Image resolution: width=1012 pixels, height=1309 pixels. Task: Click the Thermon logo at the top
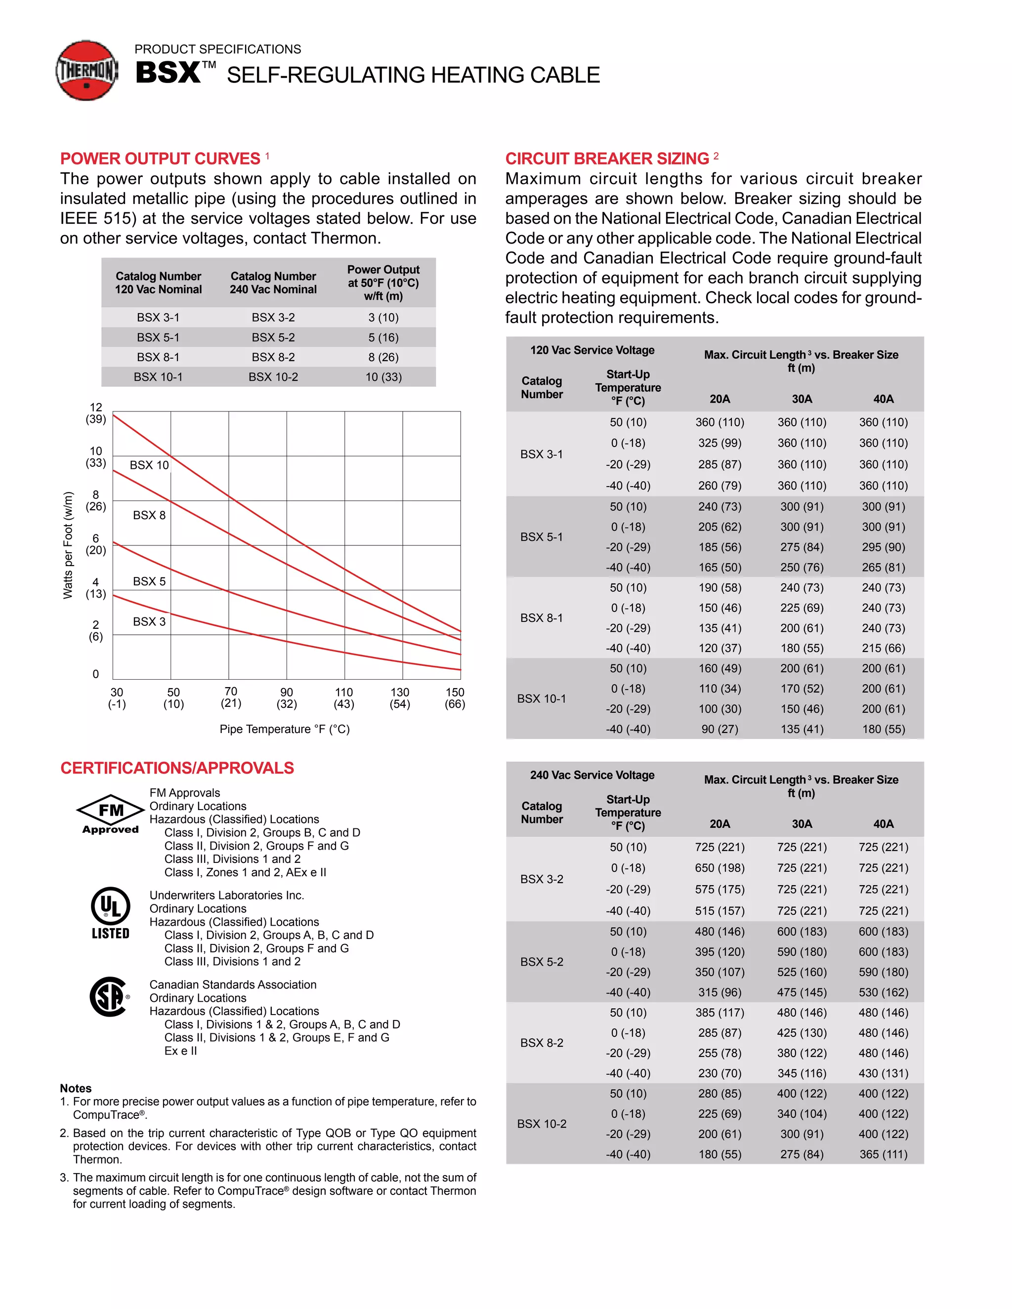(x=87, y=71)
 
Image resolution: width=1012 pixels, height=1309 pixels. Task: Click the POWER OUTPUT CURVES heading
(x=160, y=159)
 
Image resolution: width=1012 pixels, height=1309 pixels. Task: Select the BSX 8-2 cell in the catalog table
(x=273, y=357)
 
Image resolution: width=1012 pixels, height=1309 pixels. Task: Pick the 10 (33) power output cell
(x=383, y=377)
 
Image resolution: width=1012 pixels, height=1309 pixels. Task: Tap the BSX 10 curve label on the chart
(x=149, y=465)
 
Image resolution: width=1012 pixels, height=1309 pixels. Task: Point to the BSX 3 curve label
(x=149, y=621)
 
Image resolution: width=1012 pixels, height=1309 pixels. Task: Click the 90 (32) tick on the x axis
(x=287, y=698)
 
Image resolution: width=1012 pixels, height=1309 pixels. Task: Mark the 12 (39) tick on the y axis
(x=96, y=413)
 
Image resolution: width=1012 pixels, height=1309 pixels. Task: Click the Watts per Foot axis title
(x=68, y=545)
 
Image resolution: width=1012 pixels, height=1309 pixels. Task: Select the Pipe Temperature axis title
(x=285, y=730)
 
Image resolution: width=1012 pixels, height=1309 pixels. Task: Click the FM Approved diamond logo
(x=111, y=814)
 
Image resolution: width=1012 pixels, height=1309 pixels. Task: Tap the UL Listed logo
(x=110, y=913)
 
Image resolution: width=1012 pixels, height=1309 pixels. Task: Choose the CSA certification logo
(x=110, y=997)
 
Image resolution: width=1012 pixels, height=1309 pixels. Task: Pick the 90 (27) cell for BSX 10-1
(x=719, y=730)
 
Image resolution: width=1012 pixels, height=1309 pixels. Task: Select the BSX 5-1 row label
(x=542, y=537)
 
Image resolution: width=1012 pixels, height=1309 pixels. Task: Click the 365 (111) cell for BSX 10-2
(x=883, y=1154)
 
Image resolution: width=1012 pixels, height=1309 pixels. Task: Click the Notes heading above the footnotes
(x=76, y=1088)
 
